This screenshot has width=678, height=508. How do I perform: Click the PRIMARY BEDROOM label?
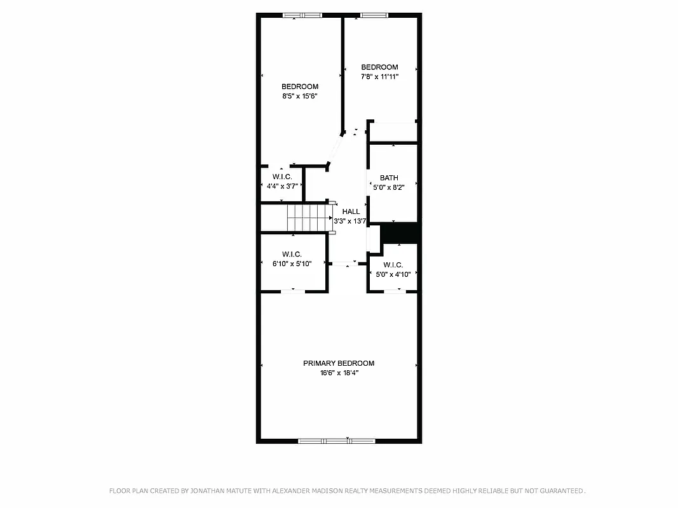(x=338, y=363)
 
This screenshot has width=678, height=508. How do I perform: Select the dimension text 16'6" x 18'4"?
(x=338, y=373)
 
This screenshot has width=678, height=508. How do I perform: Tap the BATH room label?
(x=389, y=178)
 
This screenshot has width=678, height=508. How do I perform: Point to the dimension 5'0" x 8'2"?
(x=389, y=187)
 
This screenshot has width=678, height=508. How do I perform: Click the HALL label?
(x=351, y=211)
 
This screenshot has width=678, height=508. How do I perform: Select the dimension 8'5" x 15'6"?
(x=299, y=97)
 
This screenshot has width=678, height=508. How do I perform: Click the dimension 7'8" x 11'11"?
(x=379, y=77)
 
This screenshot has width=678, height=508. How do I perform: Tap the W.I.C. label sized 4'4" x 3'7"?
(x=282, y=176)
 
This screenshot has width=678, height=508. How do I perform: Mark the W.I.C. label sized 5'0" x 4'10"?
(x=393, y=265)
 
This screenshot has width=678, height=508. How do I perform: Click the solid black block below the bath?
(x=398, y=233)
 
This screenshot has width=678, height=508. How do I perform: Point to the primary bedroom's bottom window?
(x=337, y=440)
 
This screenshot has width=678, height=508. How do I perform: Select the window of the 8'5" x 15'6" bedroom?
(x=302, y=15)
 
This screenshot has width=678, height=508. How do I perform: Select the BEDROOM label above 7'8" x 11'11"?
(x=379, y=67)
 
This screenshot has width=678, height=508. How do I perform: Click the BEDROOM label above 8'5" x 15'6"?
(x=300, y=86)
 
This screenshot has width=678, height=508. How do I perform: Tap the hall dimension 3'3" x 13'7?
(x=350, y=221)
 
